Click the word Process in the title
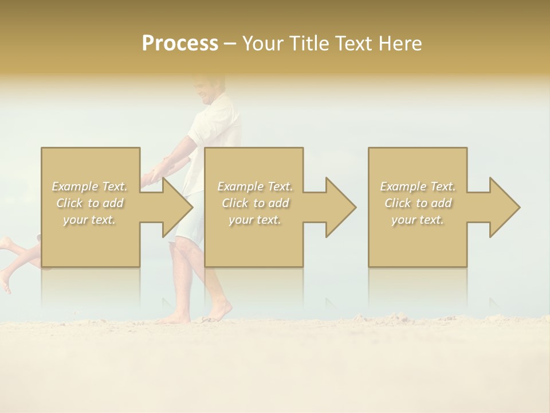(180, 44)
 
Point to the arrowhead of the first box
(178, 207)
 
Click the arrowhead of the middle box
(341, 207)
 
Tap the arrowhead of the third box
(505, 207)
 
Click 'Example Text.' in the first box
(90, 186)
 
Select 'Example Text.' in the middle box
(255, 186)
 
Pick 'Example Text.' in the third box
(418, 186)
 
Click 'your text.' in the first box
(90, 220)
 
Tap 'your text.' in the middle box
(255, 220)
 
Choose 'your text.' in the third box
(418, 220)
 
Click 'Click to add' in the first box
(90, 203)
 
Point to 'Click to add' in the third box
(418, 203)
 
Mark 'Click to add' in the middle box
(255, 203)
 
